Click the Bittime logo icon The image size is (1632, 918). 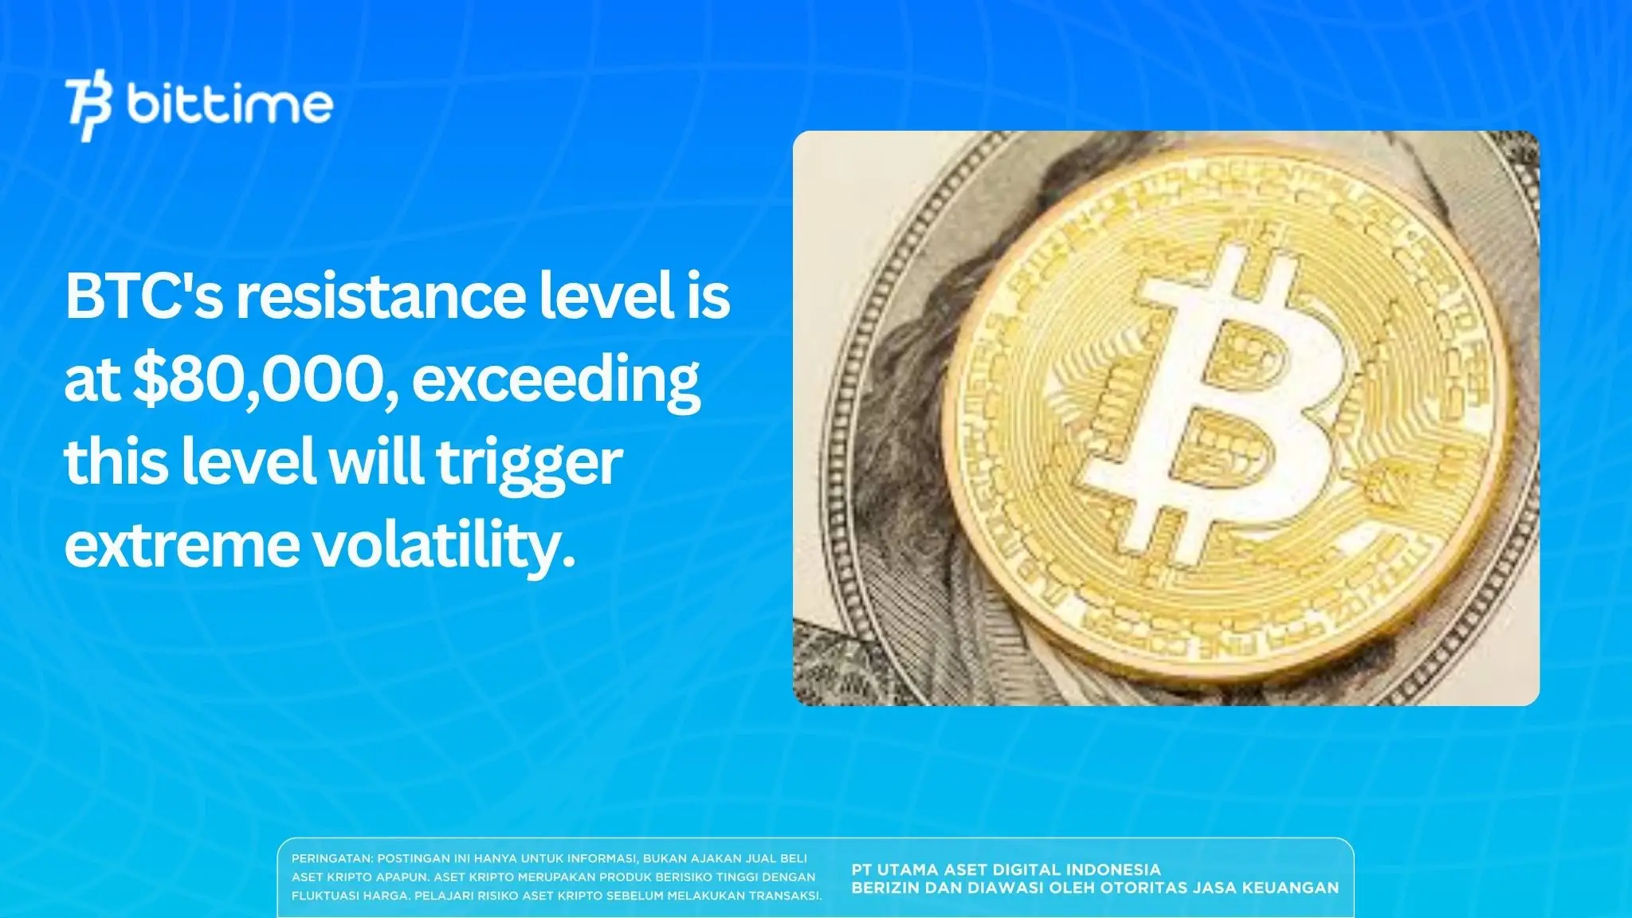point(89,108)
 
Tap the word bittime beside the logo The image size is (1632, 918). point(229,104)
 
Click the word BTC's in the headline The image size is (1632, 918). point(143,296)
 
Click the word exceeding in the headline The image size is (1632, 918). point(555,381)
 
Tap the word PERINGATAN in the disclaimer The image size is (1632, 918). point(331,858)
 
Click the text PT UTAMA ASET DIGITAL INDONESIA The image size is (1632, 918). point(1006,869)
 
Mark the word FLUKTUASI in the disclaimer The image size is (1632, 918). point(325,895)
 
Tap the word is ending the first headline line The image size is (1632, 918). point(709,296)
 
